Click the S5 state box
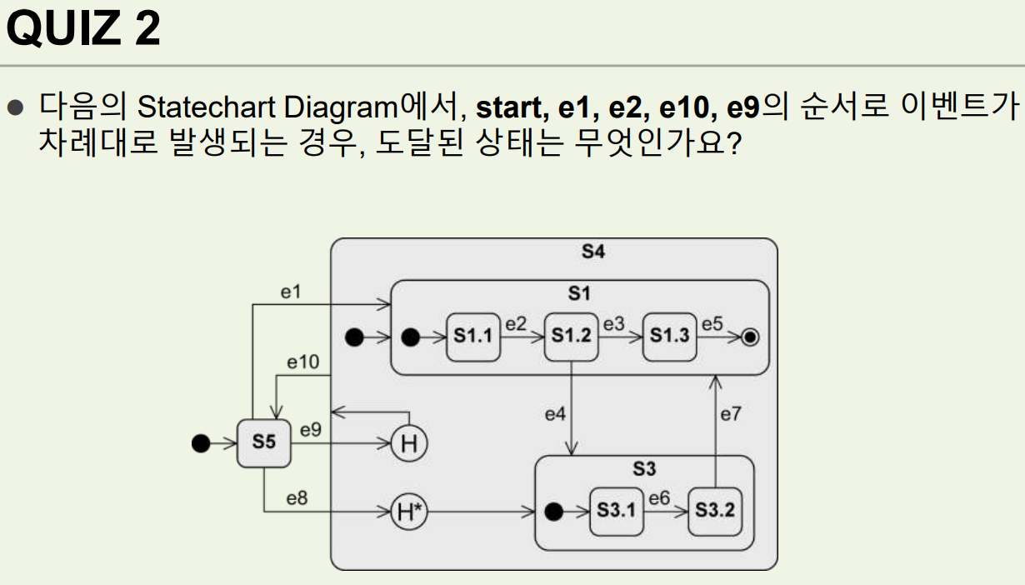click(263, 442)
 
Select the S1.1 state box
click(473, 337)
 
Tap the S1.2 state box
click(572, 337)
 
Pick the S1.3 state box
click(669, 337)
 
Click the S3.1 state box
click(617, 510)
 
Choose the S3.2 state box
click(715, 510)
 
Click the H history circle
click(409, 444)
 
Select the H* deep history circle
click(409, 511)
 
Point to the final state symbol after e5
click(750, 337)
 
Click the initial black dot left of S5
click(200, 443)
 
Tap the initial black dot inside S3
click(551, 511)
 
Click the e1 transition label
click(290, 292)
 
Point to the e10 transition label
click(302, 362)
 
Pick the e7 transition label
click(730, 413)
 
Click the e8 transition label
click(297, 498)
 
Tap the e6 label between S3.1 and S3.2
click(659, 498)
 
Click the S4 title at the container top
click(592, 252)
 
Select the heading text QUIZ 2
click(83, 30)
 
